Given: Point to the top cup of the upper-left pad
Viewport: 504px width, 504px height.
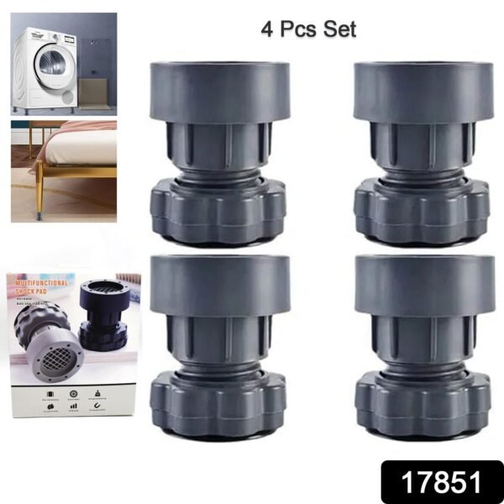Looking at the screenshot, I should point(219,92).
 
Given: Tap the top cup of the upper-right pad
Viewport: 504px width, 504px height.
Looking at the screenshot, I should point(423,92).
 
